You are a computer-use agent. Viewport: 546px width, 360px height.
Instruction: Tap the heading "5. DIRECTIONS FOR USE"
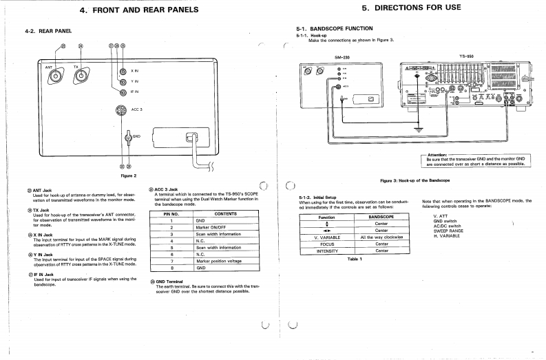point(411,8)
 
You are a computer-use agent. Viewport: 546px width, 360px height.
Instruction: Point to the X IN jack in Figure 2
point(123,72)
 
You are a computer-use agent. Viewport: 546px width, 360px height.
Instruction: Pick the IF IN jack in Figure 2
point(123,92)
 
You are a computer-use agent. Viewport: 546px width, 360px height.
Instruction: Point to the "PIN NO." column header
point(171,213)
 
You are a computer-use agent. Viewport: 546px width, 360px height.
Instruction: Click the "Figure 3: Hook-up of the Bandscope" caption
point(414,180)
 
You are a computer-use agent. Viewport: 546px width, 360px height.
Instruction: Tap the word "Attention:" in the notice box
point(438,155)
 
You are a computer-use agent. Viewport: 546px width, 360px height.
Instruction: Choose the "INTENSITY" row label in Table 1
point(328,251)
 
